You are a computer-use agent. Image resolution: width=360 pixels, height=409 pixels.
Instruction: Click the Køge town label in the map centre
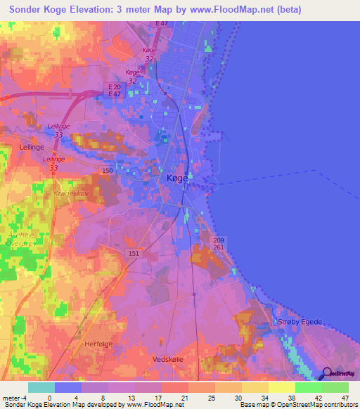point(177,178)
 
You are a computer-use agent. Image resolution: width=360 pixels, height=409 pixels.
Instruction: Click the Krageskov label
point(69,191)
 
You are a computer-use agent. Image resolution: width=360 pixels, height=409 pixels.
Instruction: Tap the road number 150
point(108,171)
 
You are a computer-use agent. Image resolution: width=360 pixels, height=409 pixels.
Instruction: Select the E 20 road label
point(115,86)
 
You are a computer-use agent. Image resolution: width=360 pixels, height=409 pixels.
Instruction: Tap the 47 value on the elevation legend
point(345,397)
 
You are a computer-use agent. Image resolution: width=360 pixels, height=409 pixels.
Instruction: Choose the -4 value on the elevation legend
point(26,397)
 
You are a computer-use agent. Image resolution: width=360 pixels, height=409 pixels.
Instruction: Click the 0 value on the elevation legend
point(49,397)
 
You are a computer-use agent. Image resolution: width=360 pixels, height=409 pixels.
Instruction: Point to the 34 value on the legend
point(262,397)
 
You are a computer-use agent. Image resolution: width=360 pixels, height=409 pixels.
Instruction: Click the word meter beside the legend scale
point(12,397)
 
